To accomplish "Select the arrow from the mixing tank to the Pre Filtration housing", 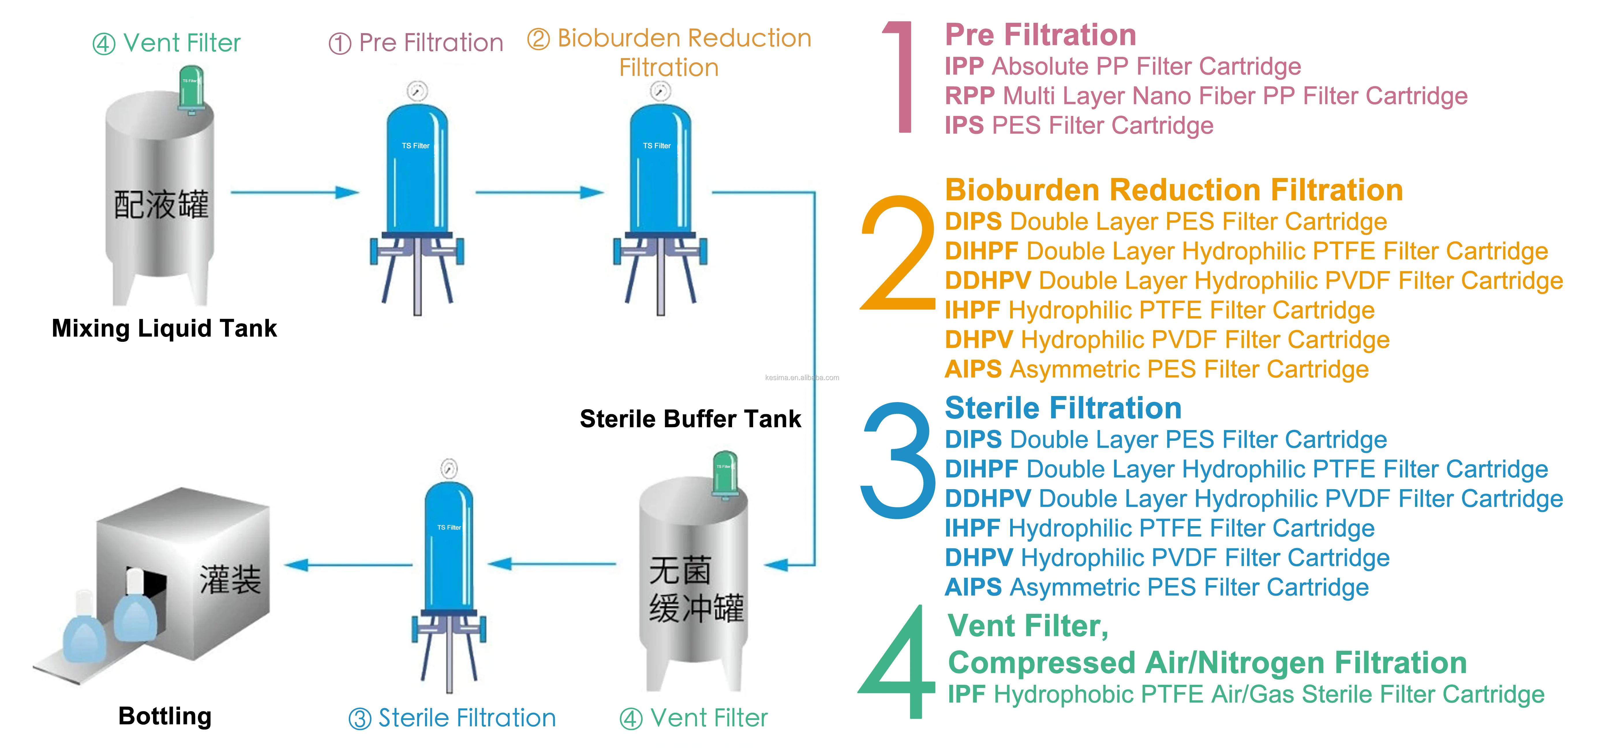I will (295, 192).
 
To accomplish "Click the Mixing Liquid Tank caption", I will (164, 328).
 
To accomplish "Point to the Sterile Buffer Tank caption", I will (690, 419).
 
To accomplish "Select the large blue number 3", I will (897, 459).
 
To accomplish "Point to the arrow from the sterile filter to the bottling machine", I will (349, 565).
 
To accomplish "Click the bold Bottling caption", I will (165, 716).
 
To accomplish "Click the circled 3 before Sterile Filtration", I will (360, 719).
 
